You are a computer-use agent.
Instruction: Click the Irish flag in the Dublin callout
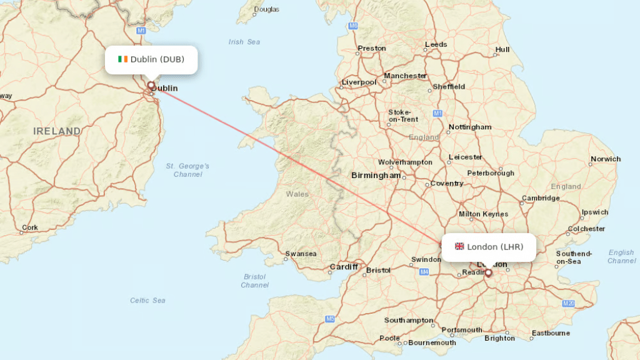click(122, 59)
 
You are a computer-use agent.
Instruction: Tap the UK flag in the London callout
click(459, 247)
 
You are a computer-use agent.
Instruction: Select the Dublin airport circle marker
click(151, 86)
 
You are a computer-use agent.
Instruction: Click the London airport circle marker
click(488, 272)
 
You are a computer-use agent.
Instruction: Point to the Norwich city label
click(606, 159)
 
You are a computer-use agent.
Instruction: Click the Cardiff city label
click(344, 267)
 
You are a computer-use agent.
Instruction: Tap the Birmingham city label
click(376, 176)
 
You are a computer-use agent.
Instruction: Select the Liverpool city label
click(359, 82)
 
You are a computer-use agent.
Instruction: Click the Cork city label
click(29, 228)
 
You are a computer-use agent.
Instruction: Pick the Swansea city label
click(301, 254)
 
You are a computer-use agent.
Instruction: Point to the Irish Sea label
click(244, 42)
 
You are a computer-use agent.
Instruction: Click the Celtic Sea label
click(147, 301)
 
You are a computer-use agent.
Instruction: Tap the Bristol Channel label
click(254, 281)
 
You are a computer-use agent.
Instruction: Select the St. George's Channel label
click(187, 170)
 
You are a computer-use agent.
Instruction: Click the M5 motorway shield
click(329, 319)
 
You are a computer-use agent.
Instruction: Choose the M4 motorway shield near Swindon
click(424, 272)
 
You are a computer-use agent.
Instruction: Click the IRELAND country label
click(57, 131)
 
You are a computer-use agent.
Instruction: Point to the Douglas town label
click(267, 9)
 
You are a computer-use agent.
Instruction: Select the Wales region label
click(297, 194)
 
